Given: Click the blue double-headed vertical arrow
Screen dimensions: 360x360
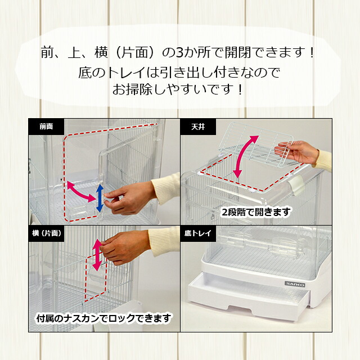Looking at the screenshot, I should point(100,198).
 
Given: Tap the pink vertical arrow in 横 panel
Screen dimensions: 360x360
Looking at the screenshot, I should point(97,254).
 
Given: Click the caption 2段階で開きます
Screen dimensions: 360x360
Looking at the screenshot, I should point(256,212).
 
